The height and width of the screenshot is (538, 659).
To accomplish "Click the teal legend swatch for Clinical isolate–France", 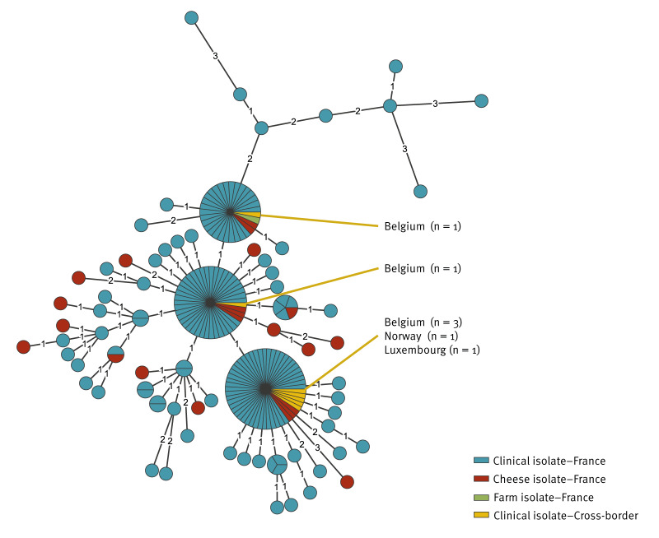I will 482,461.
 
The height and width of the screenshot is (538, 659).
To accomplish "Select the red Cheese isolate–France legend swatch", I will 482,480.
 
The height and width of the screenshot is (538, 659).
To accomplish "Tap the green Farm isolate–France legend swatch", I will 482,498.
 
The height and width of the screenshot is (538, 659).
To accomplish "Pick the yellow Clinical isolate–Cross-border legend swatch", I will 482,516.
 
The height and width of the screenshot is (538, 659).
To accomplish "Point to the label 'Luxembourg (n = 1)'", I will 432,350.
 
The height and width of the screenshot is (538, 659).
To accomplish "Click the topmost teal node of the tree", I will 191,17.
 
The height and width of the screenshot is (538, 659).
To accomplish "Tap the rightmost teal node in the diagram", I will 482,100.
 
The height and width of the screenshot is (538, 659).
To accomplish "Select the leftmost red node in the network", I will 23,346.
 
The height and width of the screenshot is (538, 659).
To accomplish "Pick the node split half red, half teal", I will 115,355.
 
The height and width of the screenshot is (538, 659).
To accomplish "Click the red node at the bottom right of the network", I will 347,481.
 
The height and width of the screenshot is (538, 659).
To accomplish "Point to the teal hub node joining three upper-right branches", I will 390,106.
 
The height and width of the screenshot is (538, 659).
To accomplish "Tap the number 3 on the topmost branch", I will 215,57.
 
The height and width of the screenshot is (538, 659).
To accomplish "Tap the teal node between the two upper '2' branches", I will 325,115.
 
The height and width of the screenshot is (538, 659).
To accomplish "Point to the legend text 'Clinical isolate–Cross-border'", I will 565,516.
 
